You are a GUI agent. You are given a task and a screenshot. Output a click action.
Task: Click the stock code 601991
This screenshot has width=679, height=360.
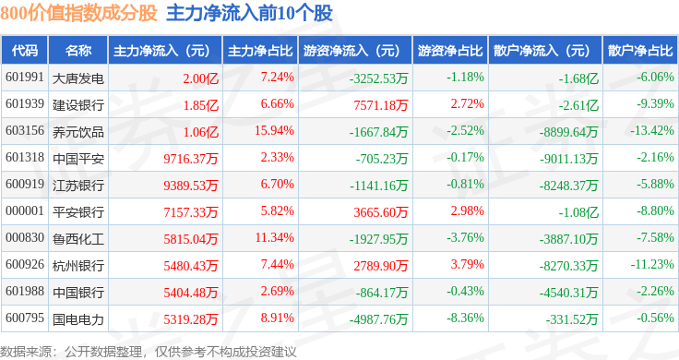(25, 78)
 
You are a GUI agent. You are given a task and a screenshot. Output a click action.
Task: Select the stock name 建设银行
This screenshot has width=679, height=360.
(77, 105)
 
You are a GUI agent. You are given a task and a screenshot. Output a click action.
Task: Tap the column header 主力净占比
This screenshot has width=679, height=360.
(260, 51)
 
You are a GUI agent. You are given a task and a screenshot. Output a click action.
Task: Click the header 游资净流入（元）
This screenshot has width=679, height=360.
(351, 51)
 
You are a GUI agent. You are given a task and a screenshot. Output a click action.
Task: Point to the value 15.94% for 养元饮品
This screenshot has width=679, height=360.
(274, 130)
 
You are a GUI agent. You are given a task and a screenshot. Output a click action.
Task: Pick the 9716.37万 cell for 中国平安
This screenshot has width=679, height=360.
(191, 159)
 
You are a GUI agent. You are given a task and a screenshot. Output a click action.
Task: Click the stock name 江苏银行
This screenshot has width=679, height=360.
(77, 186)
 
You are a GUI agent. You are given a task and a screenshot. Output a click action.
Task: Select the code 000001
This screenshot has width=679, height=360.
(25, 211)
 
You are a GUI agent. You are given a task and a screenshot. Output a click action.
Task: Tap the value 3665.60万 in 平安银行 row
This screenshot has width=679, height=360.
(381, 212)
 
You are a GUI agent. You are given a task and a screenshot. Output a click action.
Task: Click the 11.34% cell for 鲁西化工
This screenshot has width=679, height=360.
(275, 237)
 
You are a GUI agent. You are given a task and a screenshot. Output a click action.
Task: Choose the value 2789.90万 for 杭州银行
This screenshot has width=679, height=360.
(381, 266)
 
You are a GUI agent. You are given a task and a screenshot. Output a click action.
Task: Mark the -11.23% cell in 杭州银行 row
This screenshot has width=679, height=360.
(652, 264)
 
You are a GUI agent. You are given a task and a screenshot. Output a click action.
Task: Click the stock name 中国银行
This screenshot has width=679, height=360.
(77, 293)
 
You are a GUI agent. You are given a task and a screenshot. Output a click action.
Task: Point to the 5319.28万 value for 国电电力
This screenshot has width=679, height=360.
(191, 319)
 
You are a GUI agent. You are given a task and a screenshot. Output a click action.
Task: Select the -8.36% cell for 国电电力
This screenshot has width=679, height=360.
(465, 318)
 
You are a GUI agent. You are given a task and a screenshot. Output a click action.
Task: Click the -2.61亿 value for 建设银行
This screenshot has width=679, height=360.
(578, 105)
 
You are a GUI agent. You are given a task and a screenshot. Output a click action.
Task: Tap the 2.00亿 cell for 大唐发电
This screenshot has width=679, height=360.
(200, 78)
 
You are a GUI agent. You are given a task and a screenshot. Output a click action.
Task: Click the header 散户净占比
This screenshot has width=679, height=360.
(640, 51)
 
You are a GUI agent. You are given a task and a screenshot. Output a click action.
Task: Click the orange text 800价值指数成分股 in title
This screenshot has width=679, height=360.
(78, 13)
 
